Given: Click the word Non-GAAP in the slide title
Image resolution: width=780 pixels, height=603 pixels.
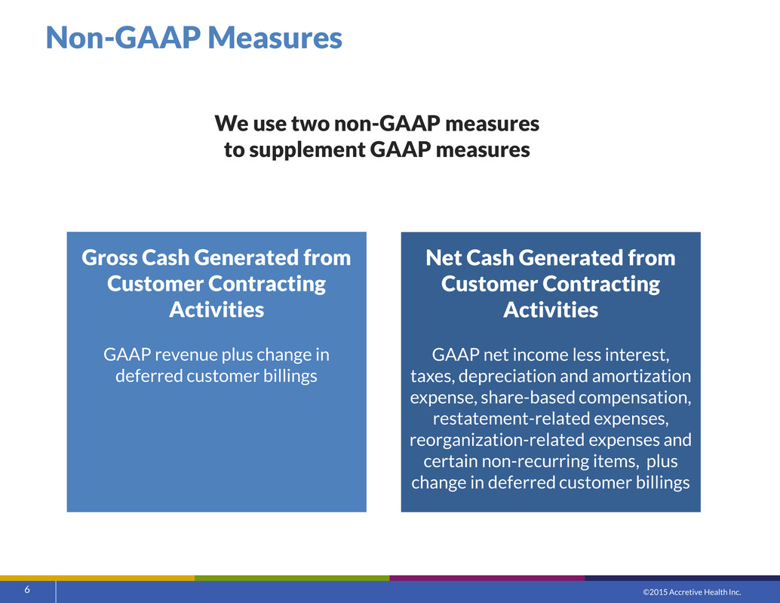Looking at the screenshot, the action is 124,37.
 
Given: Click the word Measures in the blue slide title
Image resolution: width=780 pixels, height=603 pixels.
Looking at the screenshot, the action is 275,37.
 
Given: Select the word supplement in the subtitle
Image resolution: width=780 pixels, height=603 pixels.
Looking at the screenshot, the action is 306,149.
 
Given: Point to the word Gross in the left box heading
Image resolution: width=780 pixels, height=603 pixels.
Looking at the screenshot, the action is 110,257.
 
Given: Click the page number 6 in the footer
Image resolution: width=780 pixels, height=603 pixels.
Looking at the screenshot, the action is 27,589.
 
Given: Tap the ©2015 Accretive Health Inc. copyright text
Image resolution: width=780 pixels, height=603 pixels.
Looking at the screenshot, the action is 692,592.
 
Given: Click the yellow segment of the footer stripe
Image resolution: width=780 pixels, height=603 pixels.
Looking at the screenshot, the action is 97,578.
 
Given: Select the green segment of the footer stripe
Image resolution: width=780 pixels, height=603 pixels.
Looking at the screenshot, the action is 293,578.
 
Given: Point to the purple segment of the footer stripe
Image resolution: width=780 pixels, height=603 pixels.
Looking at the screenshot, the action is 487,578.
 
